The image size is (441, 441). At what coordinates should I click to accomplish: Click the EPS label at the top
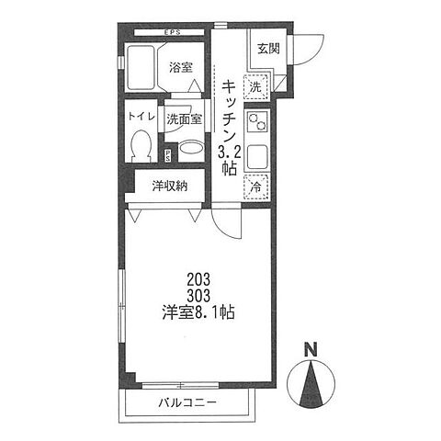point(173,32)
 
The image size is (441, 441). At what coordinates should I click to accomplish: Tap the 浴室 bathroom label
point(181,67)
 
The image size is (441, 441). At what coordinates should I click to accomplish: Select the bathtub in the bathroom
point(141,68)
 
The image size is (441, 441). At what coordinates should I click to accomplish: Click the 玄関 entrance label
point(268,49)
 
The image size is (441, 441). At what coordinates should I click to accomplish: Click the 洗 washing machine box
point(255,87)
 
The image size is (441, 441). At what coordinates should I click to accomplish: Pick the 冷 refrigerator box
point(256,187)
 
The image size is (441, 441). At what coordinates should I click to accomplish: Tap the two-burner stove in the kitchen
point(257,122)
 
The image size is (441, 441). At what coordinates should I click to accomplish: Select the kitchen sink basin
point(257,157)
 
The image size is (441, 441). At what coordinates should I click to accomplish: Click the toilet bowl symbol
point(141,146)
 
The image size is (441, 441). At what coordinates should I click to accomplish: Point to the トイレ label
point(141,116)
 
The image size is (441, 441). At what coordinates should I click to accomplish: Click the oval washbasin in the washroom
point(191,148)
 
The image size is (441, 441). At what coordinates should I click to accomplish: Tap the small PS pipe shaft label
point(168,156)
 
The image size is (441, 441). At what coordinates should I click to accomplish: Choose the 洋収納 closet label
point(170,186)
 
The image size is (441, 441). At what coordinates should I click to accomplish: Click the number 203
point(198,279)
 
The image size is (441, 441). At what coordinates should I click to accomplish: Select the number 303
point(198,296)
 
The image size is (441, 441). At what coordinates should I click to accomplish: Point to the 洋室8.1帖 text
point(198,312)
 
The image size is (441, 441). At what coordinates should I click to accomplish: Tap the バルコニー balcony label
point(187,402)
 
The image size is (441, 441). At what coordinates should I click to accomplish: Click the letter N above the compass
point(311,350)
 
